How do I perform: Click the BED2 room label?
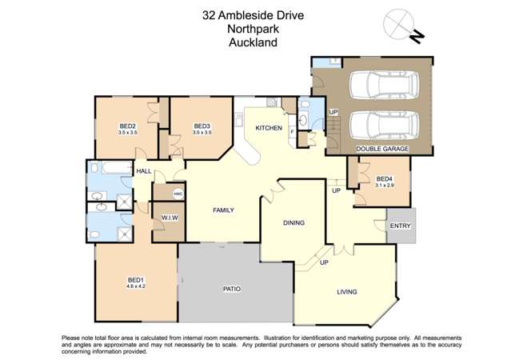pos(126,126)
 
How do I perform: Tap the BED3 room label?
pos(202,126)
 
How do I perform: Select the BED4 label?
pos(384,178)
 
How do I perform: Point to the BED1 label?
pos(134,280)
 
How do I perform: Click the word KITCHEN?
pos(268,128)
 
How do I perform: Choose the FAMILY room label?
pos(222,210)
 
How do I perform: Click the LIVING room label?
pos(346,293)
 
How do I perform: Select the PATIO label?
pos(232,289)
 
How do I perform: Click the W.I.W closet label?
pos(169,218)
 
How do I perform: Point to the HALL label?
pos(143,171)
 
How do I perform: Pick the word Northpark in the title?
pos(252,28)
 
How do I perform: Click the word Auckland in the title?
pos(252,42)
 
